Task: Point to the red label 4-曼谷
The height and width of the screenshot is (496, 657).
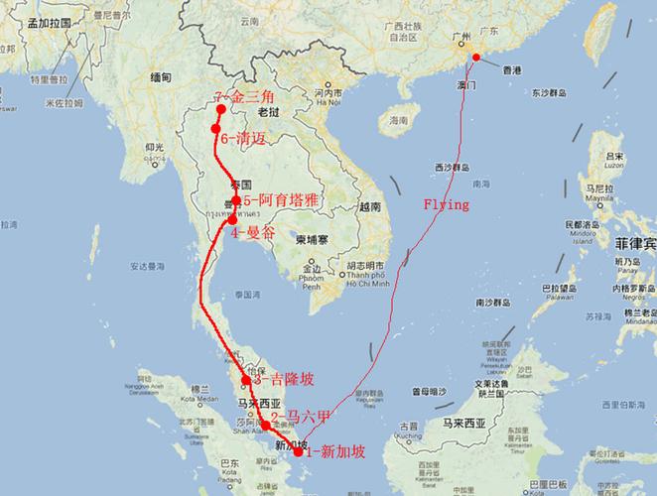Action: tap(248, 233)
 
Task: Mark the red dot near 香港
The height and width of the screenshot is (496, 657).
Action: tap(476, 58)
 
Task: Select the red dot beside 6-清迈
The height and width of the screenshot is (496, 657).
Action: tap(215, 130)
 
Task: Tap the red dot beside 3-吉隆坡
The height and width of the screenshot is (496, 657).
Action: tap(246, 379)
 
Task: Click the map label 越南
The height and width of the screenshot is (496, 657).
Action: tap(370, 207)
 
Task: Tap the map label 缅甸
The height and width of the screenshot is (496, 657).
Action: tap(159, 77)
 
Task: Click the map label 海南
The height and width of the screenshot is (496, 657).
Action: tap(399, 120)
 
